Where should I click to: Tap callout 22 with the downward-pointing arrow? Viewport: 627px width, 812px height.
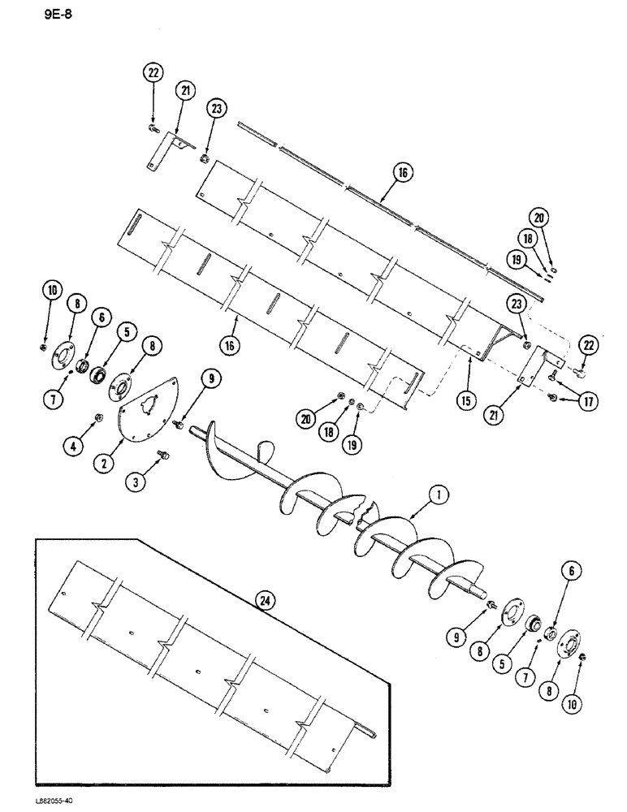pyautogui.click(x=152, y=73)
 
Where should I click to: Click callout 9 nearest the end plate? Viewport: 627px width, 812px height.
pyautogui.click(x=211, y=378)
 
